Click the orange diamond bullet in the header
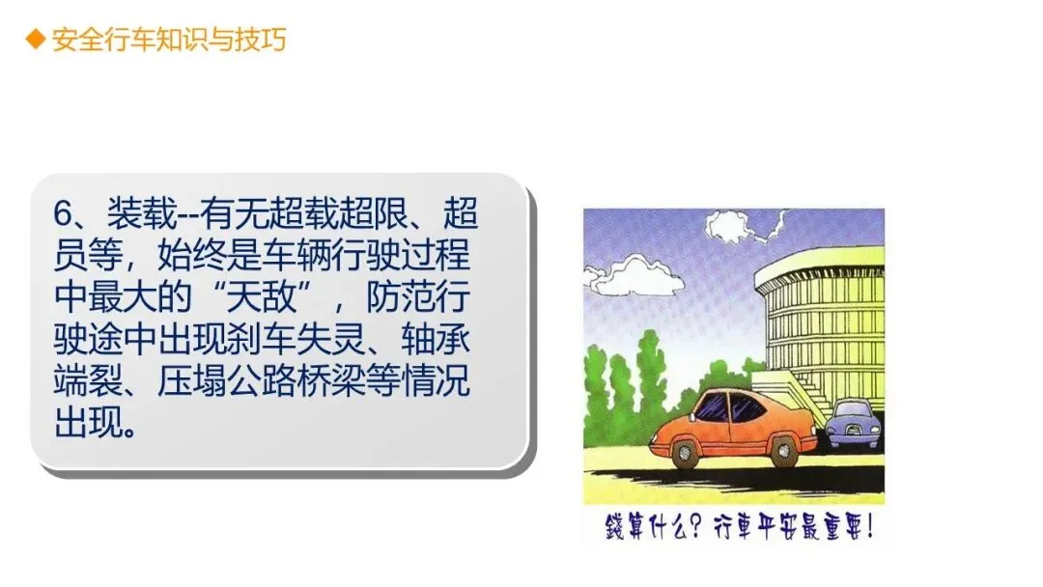[x=36, y=40]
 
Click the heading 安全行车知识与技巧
[x=169, y=40]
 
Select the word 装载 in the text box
[x=142, y=213]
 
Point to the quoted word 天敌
[x=262, y=296]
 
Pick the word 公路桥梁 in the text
[x=296, y=380]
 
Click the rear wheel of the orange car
[x=785, y=450]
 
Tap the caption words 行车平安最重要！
[x=793, y=527]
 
